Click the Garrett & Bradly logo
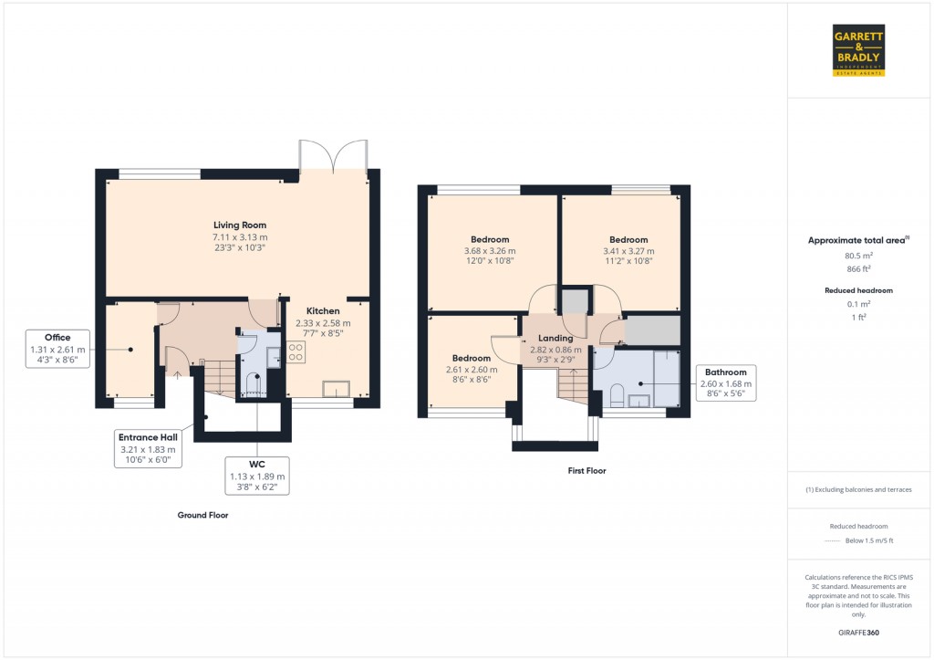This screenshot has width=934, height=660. pos(859,50)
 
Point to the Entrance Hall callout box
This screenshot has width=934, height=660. pos(147,448)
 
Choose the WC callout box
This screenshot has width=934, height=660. pos(257,476)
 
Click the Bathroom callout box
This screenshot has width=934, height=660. pos(725,383)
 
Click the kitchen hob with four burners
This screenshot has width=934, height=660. pos(296,352)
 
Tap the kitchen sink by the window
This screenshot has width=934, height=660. pos(335,389)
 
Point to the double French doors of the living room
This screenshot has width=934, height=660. pos(334,157)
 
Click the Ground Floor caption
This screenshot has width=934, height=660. pos(202,515)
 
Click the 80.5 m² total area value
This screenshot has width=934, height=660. pos(857,257)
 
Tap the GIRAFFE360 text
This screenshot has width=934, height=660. pos(857,632)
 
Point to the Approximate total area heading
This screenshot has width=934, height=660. pos(857,240)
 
